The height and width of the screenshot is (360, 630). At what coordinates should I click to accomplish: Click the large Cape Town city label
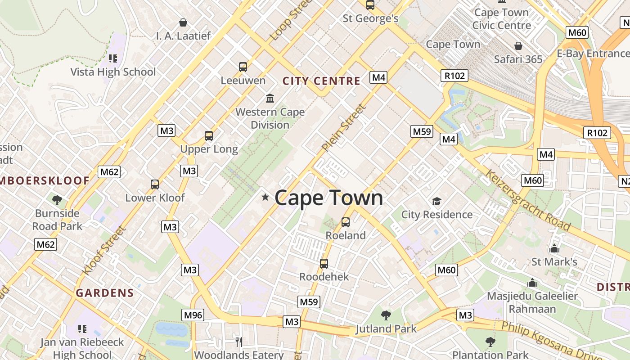pos(328,198)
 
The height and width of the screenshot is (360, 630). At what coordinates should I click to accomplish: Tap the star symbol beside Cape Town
pos(265,197)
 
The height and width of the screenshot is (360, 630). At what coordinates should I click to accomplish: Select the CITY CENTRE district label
pos(321,81)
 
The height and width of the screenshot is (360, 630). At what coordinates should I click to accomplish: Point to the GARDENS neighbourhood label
pos(105,293)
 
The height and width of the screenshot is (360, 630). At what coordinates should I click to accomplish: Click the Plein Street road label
pos(344,127)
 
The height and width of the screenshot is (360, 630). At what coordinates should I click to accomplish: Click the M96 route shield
pos(193,315)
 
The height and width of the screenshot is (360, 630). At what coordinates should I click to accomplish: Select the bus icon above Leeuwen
pos(243,67)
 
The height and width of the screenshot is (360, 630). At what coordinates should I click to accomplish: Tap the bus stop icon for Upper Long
pos(208,135)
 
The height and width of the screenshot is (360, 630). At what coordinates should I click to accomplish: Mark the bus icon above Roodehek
pos(324,263)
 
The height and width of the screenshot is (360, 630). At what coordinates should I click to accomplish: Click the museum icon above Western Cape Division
pos(270,98)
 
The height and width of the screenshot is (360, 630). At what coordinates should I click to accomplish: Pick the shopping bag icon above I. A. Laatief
pos(183,22)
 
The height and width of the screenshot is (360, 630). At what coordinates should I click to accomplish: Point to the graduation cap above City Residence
pos(436,201)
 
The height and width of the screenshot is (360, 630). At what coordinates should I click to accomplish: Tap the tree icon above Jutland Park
pos(386,315)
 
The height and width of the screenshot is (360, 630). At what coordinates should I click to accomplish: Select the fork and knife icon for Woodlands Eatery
pos(239,342)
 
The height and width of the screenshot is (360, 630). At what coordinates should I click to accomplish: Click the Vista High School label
pos(113,72)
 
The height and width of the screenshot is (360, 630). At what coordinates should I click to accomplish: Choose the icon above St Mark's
pos(554,248)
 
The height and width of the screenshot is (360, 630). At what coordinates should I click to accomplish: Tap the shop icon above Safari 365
pos(518,46)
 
